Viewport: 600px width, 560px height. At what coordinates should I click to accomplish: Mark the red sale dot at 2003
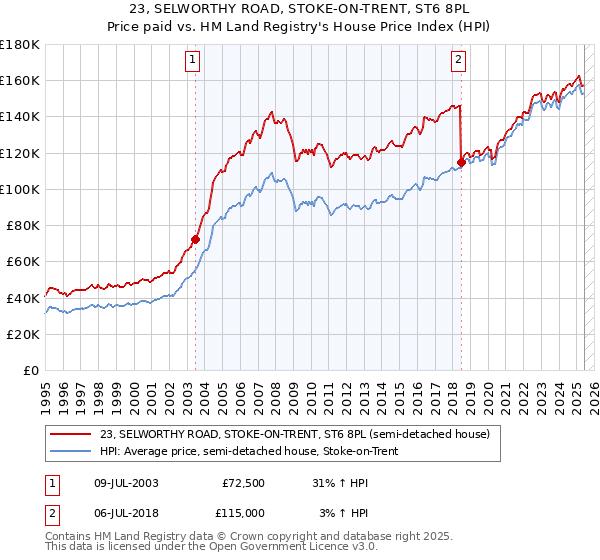click(x=196, y=240)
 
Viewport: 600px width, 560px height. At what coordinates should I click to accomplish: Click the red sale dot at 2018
click(x=461, y=162)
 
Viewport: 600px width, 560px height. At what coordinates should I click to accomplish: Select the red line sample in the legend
click(x=70, y=434)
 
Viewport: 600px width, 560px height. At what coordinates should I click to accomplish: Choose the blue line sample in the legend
click(x=70, y=451)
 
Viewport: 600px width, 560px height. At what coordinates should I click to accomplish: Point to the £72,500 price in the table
click(x=243, y=483)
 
